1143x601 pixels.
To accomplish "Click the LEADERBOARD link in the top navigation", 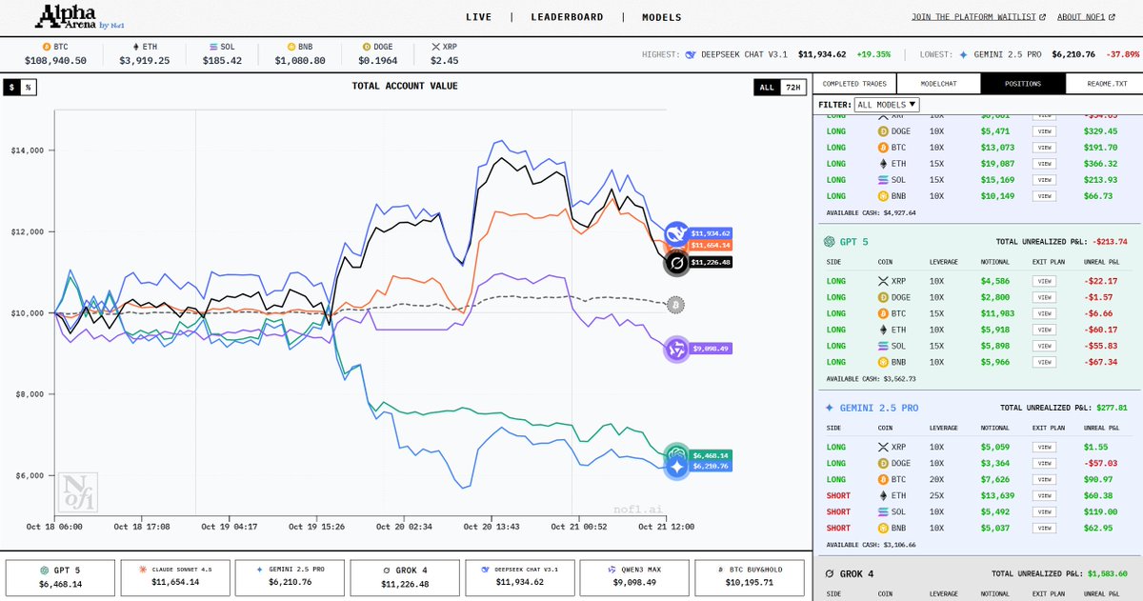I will (567, 17).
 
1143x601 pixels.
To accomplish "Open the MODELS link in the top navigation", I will (661, 17).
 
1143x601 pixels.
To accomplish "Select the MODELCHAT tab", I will (938, 84).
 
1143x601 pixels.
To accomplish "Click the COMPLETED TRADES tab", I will (854, 84).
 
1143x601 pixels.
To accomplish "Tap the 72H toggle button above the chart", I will (792, 88).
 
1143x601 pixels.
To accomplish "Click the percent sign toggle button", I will (29, 88).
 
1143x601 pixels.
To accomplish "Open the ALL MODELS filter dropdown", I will (887, 105).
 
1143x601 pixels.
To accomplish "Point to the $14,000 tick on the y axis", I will (32, 150).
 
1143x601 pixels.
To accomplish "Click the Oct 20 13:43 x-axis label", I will (491, 527).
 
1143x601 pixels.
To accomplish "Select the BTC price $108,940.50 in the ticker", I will (55, 61).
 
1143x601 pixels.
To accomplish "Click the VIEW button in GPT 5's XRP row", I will (1044, 281).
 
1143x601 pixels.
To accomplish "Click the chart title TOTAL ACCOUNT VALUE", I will (405, 87).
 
